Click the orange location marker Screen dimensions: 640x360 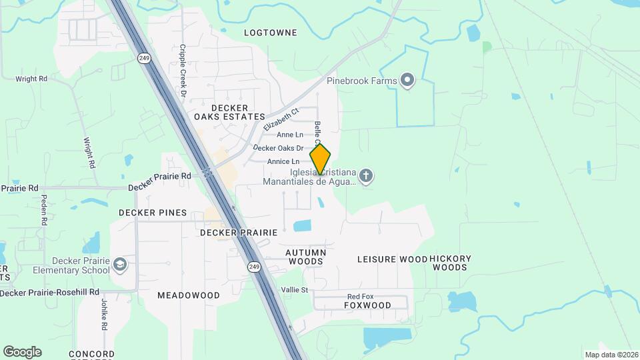coord(320,159)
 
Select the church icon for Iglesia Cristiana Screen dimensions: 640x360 coord(365,176)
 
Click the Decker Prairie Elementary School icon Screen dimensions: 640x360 coord(119,265)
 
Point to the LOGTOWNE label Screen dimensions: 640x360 coord(270,32)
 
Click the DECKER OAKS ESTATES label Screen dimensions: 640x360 coord(229,112)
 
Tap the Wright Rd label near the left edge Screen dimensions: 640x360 coord(31,79)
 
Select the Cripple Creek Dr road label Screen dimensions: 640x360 coord(183,71)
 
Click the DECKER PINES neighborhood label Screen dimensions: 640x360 coord(153,213)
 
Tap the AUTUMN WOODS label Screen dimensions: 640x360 coord(306,257)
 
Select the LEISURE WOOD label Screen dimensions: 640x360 coord(392,259)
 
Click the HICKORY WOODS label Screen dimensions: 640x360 coord(451,263)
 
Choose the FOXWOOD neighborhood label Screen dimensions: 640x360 coord(367,305)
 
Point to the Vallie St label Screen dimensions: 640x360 coord(294,290)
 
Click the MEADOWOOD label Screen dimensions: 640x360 coord(189,295)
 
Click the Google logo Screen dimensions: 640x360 coord(22,352)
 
